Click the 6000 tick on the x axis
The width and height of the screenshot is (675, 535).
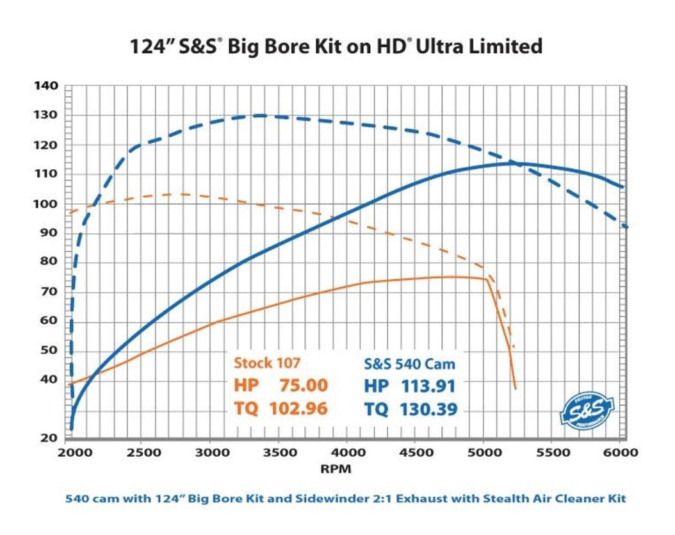click(x=620, y=452)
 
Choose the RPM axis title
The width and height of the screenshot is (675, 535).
click(x=335, y=468)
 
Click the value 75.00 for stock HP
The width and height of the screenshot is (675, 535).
click(x=304, y=386)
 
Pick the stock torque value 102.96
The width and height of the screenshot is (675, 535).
click(x=296, y=409)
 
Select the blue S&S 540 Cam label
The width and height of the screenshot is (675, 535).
click(x=409, y=363)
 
